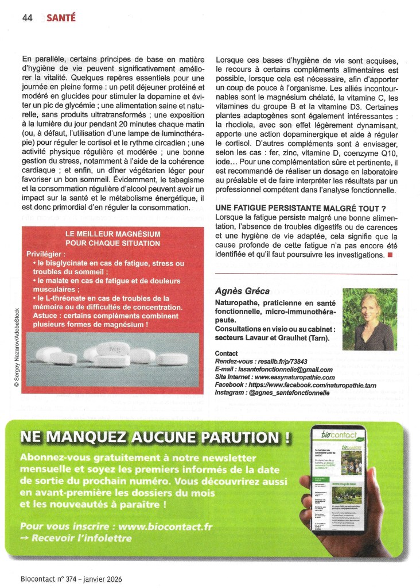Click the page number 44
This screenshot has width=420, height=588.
tap(27, 17)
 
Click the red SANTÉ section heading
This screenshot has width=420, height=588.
tap(60, 17)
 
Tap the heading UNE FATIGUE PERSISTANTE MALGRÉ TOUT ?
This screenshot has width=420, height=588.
tap(299, 207)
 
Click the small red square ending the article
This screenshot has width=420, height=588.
tap(390, 254)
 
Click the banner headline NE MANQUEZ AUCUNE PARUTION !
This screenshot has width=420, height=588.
tap(154, 437)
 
